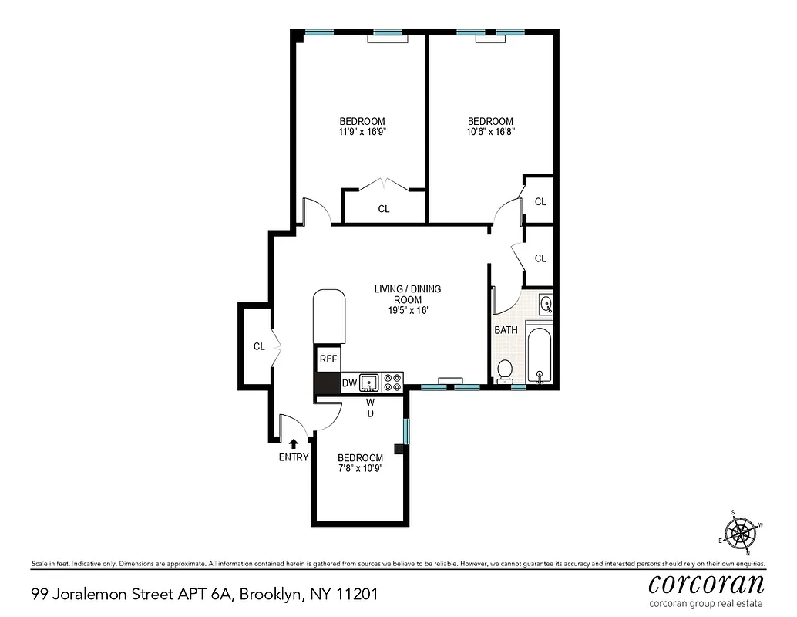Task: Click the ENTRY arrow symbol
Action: tap(293, 443)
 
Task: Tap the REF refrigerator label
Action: tap(328, 359)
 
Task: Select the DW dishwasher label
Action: tap(349, 383)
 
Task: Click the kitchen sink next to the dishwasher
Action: tap(370, 381)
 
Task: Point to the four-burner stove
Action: tap(392, 381)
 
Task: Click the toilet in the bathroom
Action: tap(505, 371)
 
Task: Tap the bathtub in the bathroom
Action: tap(540, 356)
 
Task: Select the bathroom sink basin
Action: tap(545, 303)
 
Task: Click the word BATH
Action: tap(506, 330)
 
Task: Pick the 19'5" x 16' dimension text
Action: tap(407, 310)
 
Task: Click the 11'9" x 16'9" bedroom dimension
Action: tap(362, 132)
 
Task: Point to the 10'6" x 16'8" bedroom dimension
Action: tap(490, 132)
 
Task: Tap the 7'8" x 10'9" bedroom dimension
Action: tap(360, 468)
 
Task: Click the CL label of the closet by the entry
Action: tap(259, 346)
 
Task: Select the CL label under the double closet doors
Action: tap(383, 208)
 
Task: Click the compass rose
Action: tap(742, 531)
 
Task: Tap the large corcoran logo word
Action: tap(706, 582)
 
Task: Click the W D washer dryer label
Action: tap(370, 408)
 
